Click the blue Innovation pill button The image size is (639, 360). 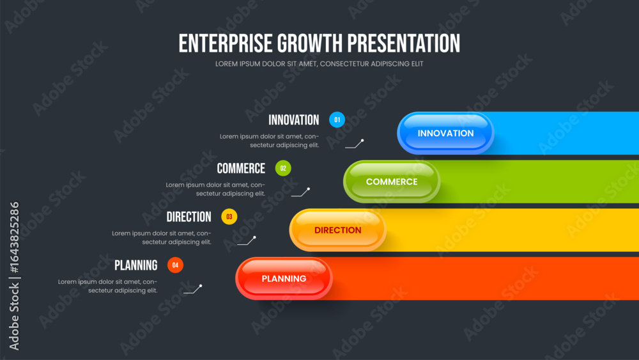pos(445,133)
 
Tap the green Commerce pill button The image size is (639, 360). pos(392,182)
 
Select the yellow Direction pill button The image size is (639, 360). pos(338,230)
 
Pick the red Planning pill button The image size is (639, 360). pos(284,278)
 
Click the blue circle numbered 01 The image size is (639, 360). pos(337,120)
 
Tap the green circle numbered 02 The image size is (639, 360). pos(283,168)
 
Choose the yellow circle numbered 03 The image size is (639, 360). pos(229,217)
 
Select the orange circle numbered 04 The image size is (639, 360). pos(175,265)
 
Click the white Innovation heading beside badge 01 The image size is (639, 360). pos(293,120)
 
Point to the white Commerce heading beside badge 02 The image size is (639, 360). pos(241,168)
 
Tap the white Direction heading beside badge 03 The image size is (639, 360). pos(189,217)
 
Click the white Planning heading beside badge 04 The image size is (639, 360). pos(135,265)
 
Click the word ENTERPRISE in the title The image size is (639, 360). pos(226,43)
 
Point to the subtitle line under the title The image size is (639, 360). pos(319,63)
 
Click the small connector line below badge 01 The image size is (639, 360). pos(355,144)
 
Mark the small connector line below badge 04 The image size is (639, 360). pos(193,289)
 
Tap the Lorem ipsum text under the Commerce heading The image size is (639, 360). pos(215,189)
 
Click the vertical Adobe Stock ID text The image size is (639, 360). pos(14,276)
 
